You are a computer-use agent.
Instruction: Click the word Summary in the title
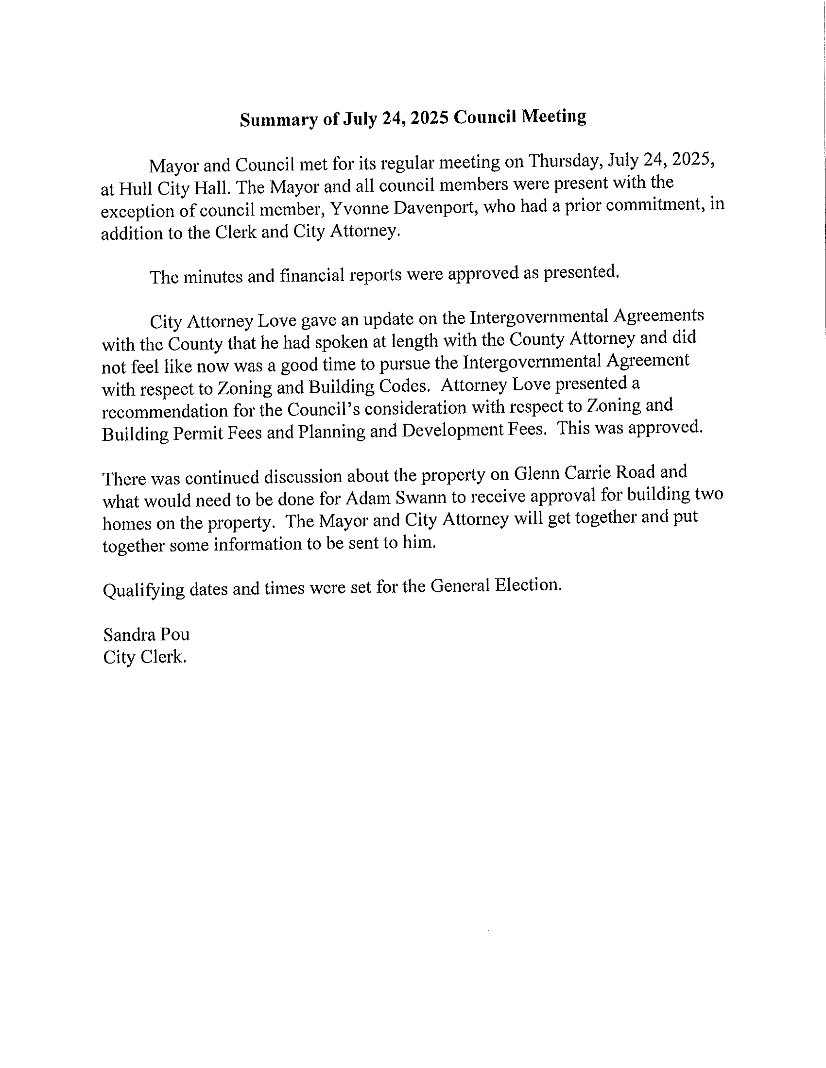tap(278, 120)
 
